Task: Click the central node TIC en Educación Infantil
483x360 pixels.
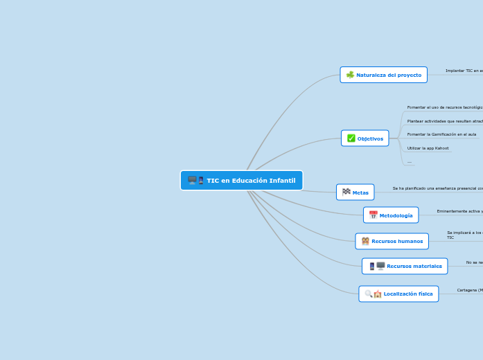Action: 242,181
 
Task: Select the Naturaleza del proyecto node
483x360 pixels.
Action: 384,75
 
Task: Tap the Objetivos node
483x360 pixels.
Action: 365,138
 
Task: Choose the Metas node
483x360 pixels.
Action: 355,192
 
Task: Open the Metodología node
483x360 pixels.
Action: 391,215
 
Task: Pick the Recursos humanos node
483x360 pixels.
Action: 392,241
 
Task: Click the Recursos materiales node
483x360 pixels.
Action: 405,266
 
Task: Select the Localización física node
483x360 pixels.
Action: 398,294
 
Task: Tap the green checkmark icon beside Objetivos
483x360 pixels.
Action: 351,138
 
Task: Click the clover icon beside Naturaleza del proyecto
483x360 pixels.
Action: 350,75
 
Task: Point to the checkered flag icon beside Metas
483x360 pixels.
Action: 346,192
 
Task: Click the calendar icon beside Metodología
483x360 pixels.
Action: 373,215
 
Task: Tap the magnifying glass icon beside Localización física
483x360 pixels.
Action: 369,294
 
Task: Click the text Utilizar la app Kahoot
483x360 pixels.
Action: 428,148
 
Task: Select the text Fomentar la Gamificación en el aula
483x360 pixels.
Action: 441,134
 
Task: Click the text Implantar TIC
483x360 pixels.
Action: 464,71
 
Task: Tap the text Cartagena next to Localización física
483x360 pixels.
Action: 470,290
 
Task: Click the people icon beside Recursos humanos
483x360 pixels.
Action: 365,241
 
